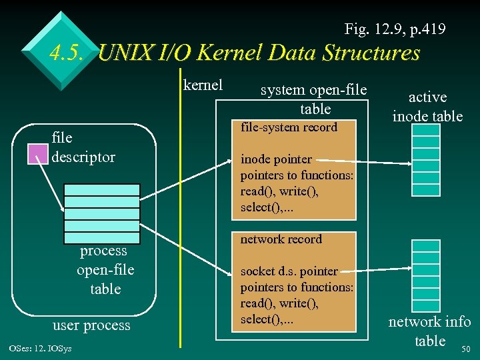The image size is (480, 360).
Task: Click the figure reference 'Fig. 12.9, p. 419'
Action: pos(395,29)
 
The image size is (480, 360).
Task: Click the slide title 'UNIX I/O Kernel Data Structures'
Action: pos(259,53)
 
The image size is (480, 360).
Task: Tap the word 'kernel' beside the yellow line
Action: pos(203,85)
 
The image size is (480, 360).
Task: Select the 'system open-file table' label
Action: pos(313,99)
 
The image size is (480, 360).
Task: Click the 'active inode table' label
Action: pos(427,107)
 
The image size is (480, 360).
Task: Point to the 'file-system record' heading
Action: pos(289,127)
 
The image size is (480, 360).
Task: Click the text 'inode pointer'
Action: pos(276,159)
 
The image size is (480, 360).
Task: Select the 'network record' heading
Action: pos(281,239)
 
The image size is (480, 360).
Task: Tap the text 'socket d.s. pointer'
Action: pos(289,271)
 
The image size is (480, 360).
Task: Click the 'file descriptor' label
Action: pos(83,147)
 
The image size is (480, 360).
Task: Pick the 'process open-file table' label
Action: pos(105,270)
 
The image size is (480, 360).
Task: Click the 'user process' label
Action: pos(91,325)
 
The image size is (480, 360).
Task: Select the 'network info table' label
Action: pos(430,331)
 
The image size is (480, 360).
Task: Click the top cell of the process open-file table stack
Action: pos(102,190)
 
